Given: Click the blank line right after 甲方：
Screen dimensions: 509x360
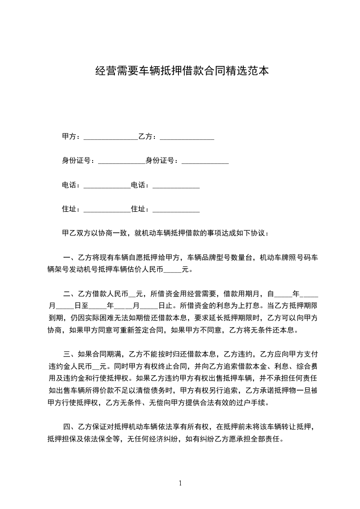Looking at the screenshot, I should [x=110, y=137].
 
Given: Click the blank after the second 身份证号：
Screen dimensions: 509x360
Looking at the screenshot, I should [x=205, y=162].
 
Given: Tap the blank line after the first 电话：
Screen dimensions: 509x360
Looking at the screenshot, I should [x=107, y=186].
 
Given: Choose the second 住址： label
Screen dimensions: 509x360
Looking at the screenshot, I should [x=141, y=209].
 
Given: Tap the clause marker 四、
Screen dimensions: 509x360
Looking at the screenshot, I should [x=70, y=426].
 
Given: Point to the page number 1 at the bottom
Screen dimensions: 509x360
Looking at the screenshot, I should [x=180, y=483].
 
